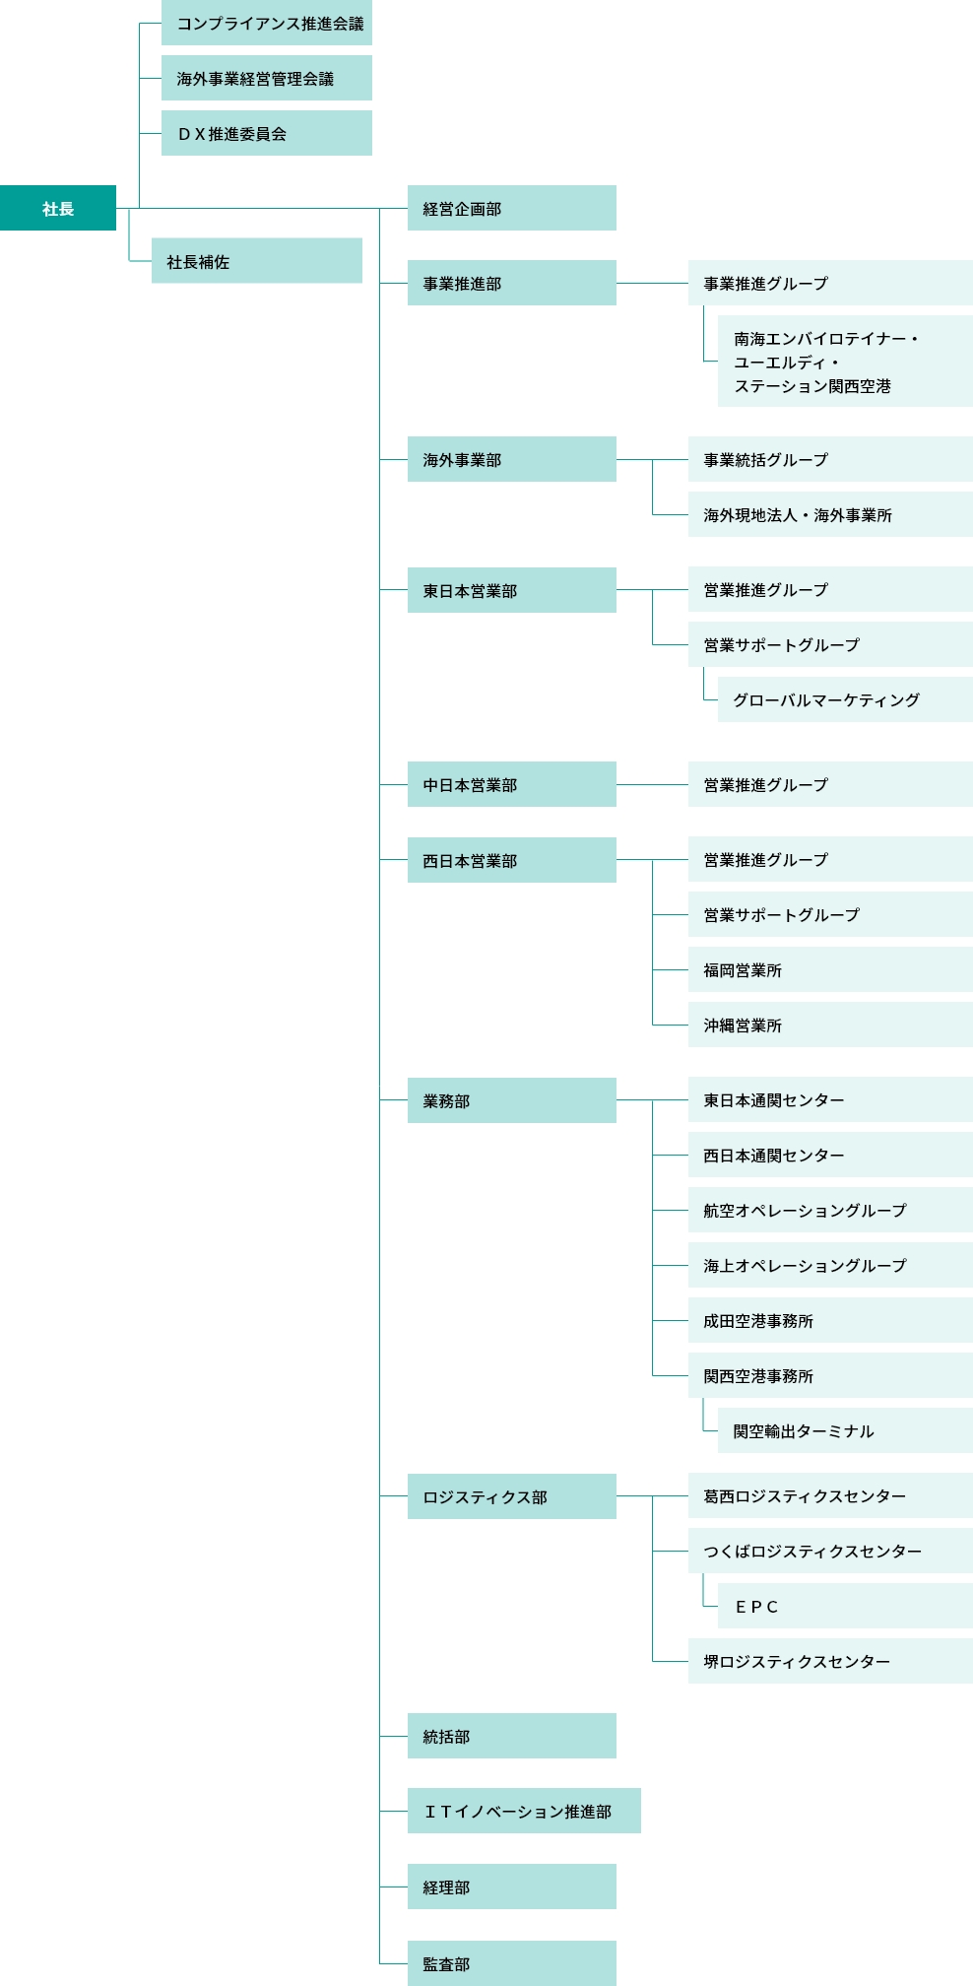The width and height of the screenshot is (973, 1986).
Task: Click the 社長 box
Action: coord(58,208)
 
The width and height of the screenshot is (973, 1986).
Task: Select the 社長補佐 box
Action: coord(257,261)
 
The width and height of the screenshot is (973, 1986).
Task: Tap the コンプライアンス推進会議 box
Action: coord(267,23)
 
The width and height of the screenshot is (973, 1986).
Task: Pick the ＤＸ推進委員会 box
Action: coord(267,133)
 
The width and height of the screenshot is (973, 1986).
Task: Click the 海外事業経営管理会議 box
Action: coord(267,78)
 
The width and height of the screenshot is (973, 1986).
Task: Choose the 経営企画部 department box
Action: coord(512,208)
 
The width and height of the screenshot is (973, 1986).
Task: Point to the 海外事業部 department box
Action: coord(512,459)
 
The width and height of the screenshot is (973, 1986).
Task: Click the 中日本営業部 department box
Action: coord(512,784)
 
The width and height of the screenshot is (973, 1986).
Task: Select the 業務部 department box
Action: coord(512,1100)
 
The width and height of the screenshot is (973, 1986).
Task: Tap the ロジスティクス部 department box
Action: coord(512,1496)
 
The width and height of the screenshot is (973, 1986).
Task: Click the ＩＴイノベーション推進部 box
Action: coord(524,1811)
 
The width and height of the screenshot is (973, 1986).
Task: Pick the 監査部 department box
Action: coord(512,1963)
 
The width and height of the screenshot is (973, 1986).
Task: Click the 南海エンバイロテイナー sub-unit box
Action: coord(845,362)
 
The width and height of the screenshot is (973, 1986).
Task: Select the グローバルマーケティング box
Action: coord(845,699)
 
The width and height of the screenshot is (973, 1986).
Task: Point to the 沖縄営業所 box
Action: coord(830,1025)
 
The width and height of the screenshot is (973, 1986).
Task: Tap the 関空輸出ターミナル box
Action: coord(845,1430)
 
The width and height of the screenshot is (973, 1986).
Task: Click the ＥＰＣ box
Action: coord(845,1606)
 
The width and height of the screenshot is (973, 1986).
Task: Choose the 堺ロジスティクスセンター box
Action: coord(830,1661)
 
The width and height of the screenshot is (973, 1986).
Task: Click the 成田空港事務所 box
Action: coord(830,1320)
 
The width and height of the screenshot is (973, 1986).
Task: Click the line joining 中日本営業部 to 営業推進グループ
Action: coord(652,784)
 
